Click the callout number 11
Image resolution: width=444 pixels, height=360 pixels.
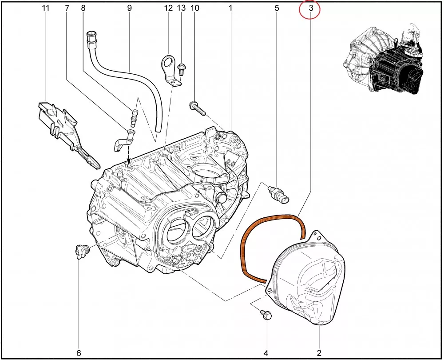click(46, 8)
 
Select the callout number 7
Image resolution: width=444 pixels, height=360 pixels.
click(67, 8)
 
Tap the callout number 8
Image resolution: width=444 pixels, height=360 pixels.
click(83, 8)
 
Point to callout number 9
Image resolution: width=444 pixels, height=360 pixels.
click(130, 8)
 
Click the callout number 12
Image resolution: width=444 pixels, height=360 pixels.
click(168, 8)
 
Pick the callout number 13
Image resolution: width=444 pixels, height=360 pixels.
click(181, 8)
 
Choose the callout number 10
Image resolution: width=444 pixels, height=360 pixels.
click(195, 8)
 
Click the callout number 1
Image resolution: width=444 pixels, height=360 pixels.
click(231, 8)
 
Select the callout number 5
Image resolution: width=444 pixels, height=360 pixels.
click(277, 8)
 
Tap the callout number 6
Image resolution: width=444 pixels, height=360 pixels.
click(79, 348)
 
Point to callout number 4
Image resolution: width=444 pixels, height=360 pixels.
click(266, 353)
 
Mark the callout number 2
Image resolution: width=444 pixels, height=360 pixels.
click(319, 353)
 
